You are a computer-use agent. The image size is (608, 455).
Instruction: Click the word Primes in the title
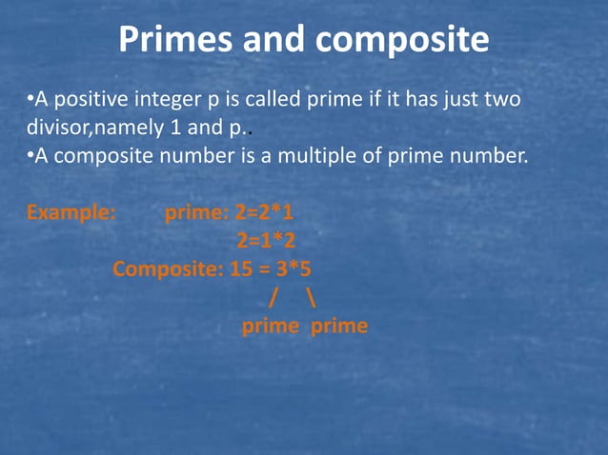pos(174,39)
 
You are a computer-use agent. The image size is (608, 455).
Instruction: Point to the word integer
pos(174,99)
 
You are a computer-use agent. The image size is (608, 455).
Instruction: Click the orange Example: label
pos(71,211)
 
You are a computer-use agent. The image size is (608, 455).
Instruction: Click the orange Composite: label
pos(168,268)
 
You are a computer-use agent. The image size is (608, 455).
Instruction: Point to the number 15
pos(241,268)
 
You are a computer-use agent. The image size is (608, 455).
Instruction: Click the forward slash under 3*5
pos(272,298)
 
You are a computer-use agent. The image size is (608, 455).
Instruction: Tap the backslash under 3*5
pos(312,298)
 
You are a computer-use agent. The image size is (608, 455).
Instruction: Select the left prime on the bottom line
pos(269,326)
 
